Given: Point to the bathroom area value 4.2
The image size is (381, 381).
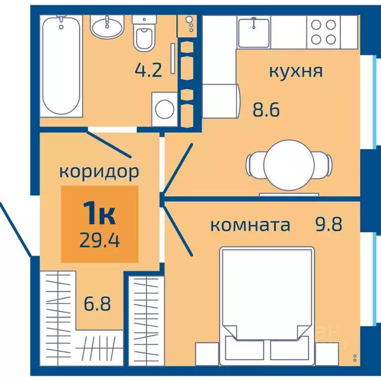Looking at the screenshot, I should pyautogui.click(x=148, y=71).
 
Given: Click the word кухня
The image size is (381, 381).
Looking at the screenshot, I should pyautogui.click(x=296, y=71).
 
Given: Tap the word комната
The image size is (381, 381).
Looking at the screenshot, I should pyautogui.click(x=250, y=225).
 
